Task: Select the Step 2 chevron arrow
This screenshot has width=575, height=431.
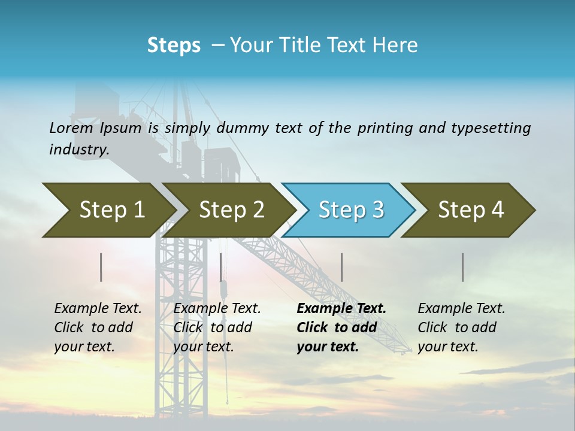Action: [x=231, y=210]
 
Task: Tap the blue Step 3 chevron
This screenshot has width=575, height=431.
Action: [x=350, y=210]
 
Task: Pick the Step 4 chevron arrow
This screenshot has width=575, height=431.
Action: [x=470, y=210]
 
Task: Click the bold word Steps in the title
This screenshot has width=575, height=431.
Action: [x=174, y=45]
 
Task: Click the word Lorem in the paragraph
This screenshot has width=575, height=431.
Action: [x=71, y=128]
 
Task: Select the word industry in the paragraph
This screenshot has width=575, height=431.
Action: [x=79, y=150]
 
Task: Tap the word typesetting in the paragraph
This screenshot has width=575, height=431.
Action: [x=491, y=128]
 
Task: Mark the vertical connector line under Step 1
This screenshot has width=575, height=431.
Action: [x=101, y=267]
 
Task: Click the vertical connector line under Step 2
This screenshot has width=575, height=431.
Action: [x=221, y=267]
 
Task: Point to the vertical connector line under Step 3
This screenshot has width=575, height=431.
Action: [x=341, y=267]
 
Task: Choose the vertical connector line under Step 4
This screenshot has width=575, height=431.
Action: [x=462, y=267]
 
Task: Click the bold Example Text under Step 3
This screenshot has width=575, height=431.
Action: [x=341, y=309]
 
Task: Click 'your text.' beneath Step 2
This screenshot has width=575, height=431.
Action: [x=203, y=347]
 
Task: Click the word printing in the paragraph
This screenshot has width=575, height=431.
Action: [x=385, y=128]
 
